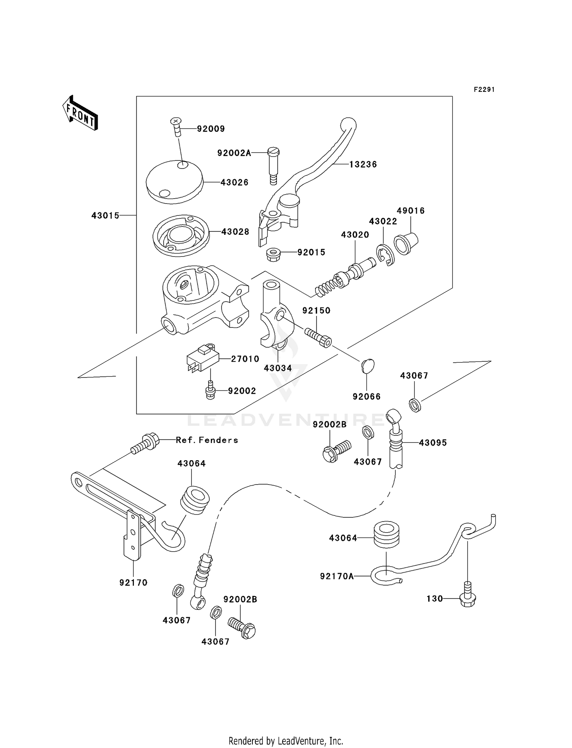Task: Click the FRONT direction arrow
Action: [80, 113]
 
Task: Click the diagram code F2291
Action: [484, 90]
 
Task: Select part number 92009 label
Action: [211, 129]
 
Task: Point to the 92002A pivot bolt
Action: [273, 165]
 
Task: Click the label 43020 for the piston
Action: [355, 235]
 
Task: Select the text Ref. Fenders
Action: [207, 440]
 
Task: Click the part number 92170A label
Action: [337, 576]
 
